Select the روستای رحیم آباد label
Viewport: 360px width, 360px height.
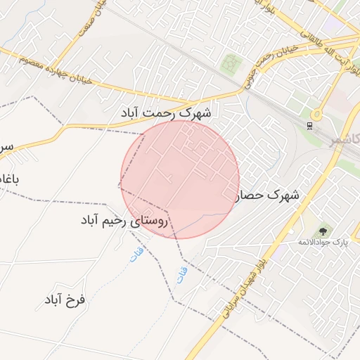tap(125, 221)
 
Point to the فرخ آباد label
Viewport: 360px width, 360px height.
tap(64, 300)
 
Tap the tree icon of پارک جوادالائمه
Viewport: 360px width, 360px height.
tap(323, 230)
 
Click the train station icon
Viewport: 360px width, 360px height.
tap(309, 125)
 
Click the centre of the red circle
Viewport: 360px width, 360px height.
tap(180, 179)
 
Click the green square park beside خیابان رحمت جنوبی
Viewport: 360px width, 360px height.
tap(231, 65)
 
